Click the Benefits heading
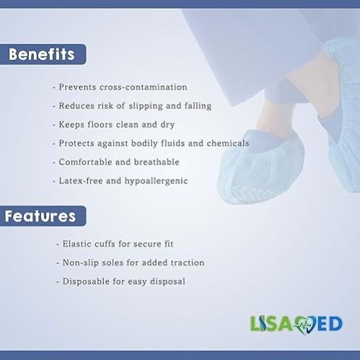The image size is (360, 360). [x=41, y=54]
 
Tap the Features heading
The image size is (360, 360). [x=40, y=216]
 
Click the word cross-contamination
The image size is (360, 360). [x=144, y=87]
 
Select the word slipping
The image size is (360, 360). [x=146, y=106]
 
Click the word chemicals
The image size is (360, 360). [x=228, y=144]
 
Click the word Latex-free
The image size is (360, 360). [x=81, y=181]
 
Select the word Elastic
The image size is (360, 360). [x=77, y=244]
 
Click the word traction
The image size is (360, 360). [x=188, y=263]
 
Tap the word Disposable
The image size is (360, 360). [x=86, y=281]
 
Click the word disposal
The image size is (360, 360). [x=167, y=281]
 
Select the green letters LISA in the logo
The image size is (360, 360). [x=272, y=324]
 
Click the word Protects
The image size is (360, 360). [x=76, y=144]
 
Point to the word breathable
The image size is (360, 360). [x=157, y=162]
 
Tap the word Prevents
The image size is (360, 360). [x=78, y=87]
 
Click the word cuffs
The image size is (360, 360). [x=105, y=244]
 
